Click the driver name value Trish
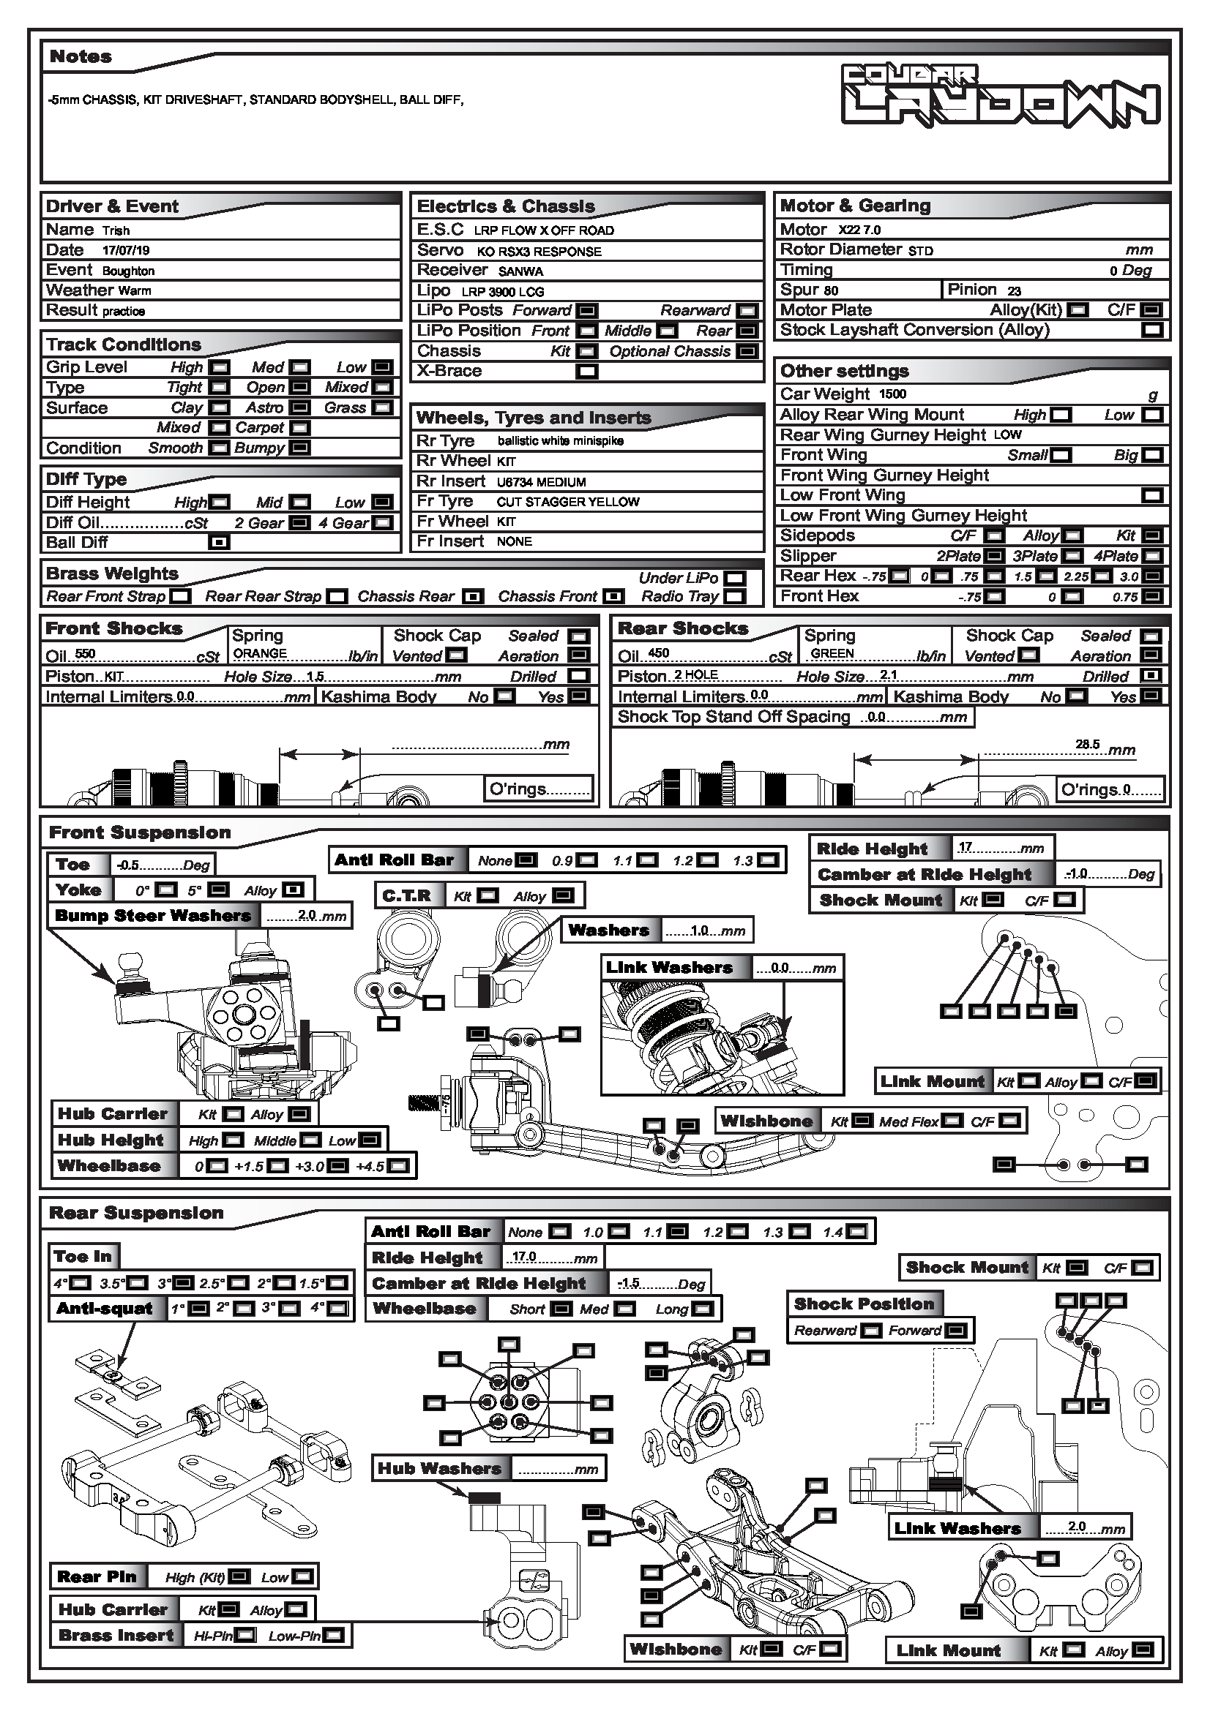(x=116, y=231)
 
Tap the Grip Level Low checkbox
(x=381, y=367)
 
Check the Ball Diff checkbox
(x=218, y=543)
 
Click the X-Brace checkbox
(x=587, y=371)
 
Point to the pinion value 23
(x=1014, y=290)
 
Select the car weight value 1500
(x=892, y=394)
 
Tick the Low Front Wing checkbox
(x=1152, y=495)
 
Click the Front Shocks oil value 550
(x=85, y=654)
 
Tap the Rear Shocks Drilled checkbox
(x=1151, y=676)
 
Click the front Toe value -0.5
(x=127, y=865)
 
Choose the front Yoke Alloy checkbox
(x=294, y=890)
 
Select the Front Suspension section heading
(x=139, y=833)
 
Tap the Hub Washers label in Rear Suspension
(x=439, y=1469)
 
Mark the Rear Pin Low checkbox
(x=303, y=1577)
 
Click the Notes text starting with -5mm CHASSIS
(x=256, y=100)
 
